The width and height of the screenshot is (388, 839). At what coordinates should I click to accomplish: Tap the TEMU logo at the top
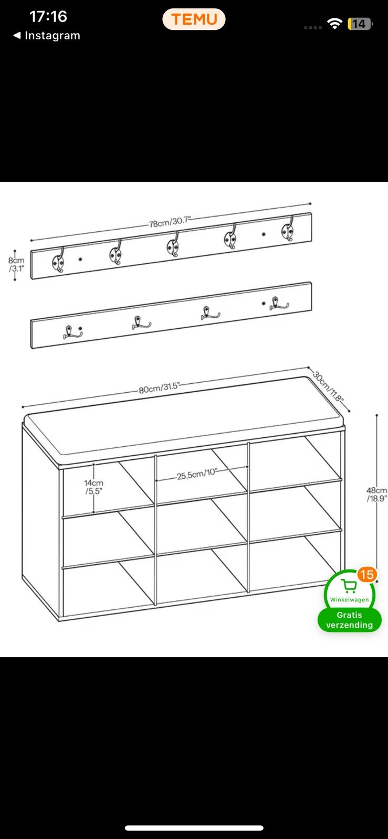194,19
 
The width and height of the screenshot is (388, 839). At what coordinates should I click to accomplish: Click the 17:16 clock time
48,16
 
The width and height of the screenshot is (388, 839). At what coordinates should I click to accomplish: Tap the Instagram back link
47,36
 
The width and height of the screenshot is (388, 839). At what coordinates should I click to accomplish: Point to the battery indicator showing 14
360,24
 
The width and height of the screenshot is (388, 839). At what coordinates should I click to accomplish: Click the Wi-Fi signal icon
334,24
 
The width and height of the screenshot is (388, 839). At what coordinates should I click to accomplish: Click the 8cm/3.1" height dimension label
16,264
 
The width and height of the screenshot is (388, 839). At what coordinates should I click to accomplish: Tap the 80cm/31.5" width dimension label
159,388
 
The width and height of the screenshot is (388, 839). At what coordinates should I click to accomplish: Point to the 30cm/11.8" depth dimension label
328,386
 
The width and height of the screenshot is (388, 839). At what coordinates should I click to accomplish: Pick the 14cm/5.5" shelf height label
93,487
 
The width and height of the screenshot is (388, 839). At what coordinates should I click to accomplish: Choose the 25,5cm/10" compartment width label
197,474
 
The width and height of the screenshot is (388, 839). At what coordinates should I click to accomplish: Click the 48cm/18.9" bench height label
377,494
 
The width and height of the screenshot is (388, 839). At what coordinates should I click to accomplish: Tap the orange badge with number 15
366,574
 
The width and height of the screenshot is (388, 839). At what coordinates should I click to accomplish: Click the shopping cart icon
349,586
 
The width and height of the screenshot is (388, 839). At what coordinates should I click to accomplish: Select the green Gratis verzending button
349,620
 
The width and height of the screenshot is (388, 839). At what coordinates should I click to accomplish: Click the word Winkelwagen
349,600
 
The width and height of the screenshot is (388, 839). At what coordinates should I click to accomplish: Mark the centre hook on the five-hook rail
173,245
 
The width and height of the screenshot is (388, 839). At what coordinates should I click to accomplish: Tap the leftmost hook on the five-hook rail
58,260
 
